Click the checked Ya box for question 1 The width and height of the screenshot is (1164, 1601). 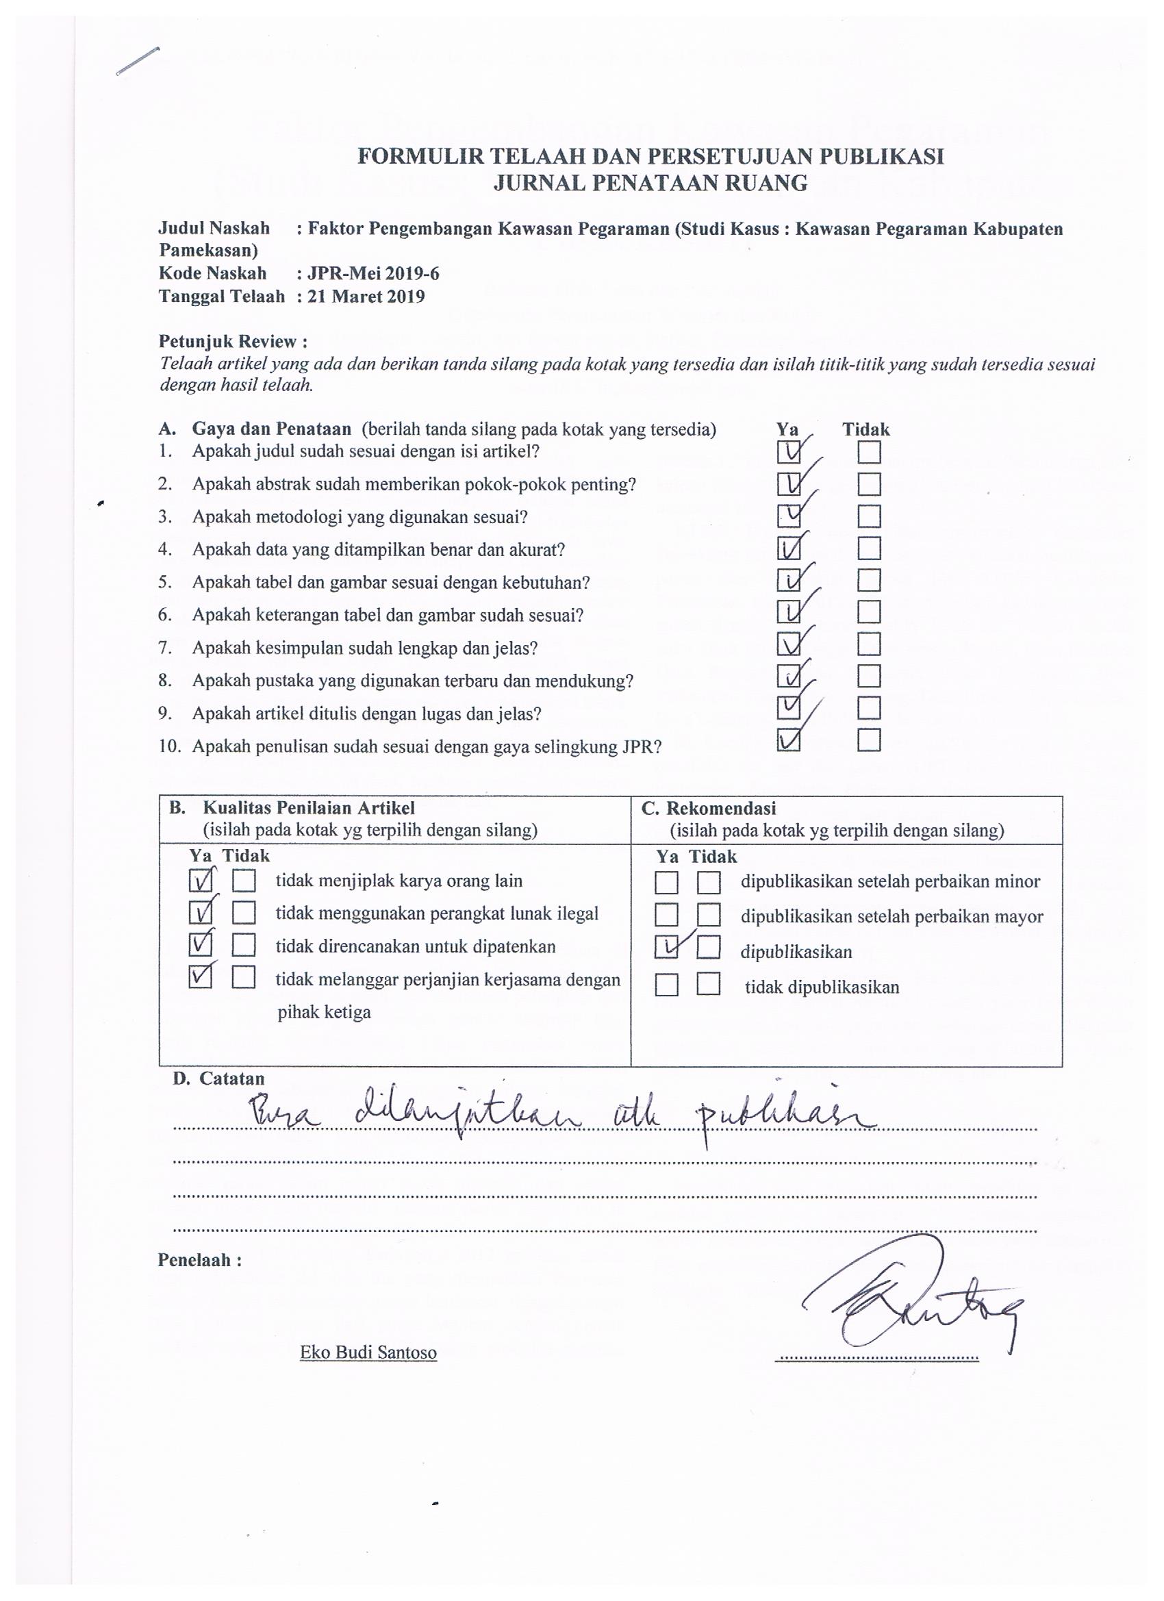[x=788, y=452]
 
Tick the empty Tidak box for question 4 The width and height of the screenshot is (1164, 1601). [x=869, y=549]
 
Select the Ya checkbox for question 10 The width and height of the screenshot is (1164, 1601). [x=788, y=740]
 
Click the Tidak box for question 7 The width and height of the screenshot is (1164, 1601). [x=869, y=644]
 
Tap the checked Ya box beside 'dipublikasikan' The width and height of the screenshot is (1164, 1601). [x=666, y=947]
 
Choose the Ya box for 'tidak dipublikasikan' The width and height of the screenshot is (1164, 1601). [x=666, y=984]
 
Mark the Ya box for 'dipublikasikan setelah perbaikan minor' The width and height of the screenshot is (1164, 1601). [x=666, y=883]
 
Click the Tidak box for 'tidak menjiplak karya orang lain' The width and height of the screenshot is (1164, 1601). [x=244, y=882]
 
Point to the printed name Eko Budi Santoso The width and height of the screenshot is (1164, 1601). [x=368, y=1352]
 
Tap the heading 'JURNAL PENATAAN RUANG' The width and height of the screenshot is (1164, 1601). [x=650, y=184]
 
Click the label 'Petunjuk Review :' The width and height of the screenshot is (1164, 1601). [x=233, y=342]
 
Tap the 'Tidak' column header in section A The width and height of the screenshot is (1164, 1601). [x=865, y=429]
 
